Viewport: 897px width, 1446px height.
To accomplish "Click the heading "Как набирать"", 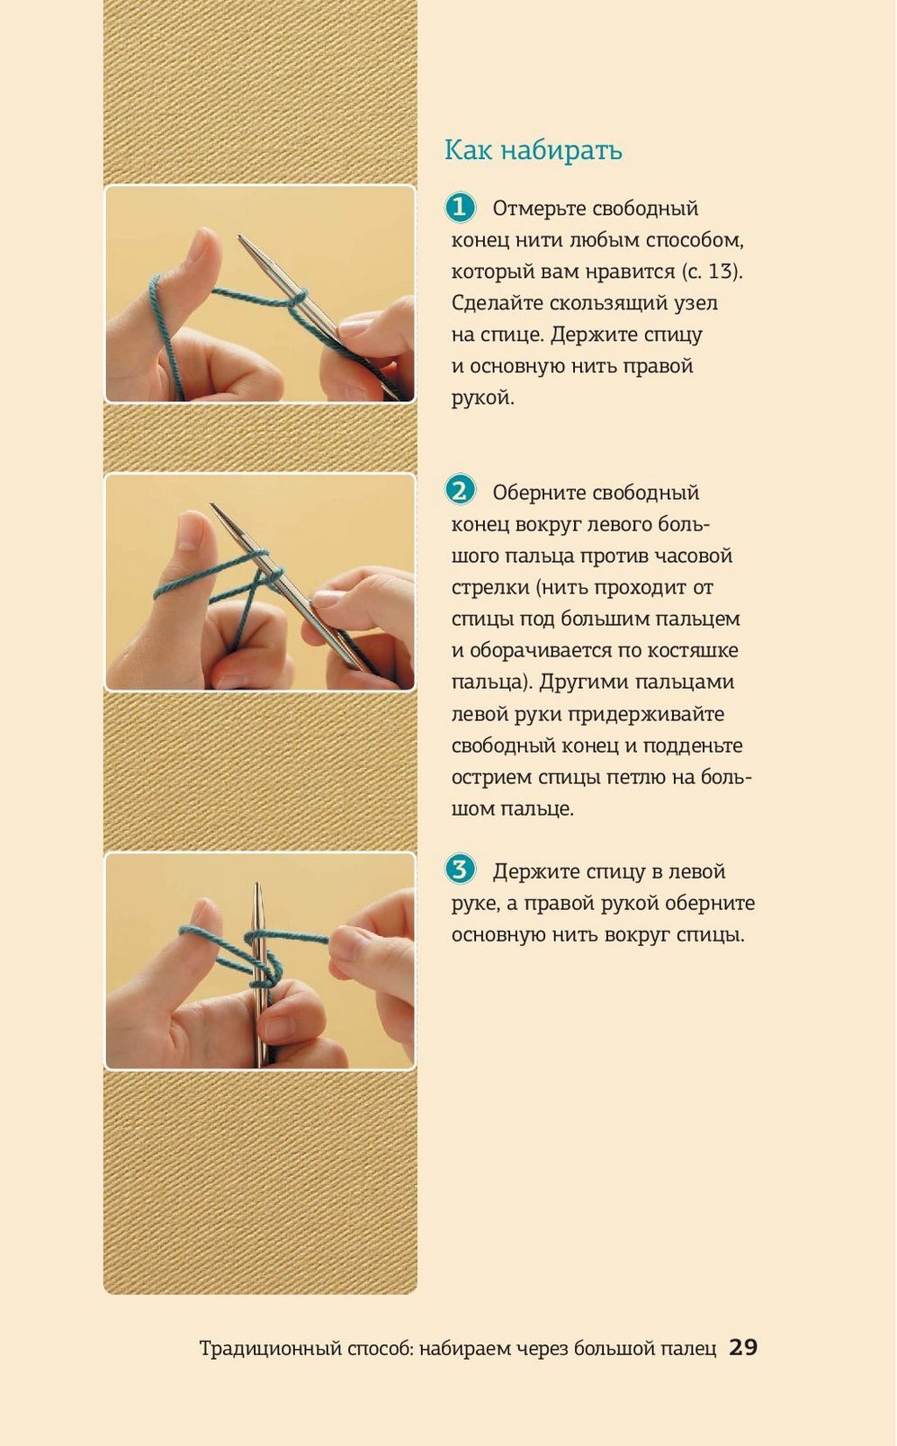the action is [534, 150].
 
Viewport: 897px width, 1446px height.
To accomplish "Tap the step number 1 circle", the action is [460, 208].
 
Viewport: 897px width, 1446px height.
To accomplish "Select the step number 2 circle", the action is [460, 491].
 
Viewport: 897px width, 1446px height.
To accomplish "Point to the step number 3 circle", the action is [460, 870].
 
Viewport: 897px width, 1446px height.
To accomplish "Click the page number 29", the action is [743, 1347].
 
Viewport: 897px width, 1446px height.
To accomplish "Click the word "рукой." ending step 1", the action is [482, 398].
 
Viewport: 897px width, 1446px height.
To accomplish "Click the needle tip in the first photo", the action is [240, 237].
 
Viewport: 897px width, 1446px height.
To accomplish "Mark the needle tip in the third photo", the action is [257, 885].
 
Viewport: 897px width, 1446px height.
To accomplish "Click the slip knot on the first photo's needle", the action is [296, 299].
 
